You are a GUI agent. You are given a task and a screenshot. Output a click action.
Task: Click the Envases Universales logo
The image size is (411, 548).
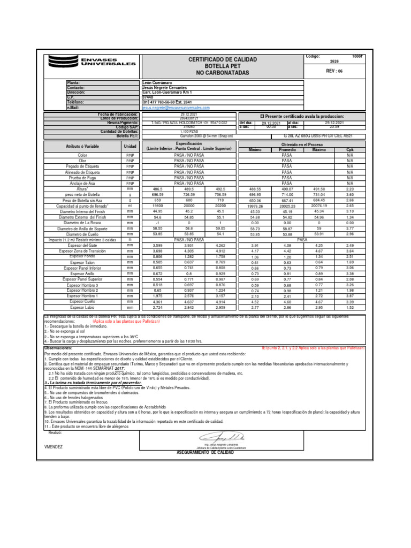(x=92, y=63)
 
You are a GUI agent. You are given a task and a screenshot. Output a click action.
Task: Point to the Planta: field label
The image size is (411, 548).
(x=73, y=83)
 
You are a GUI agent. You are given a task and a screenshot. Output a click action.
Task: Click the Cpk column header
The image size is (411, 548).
(x=350, y=150)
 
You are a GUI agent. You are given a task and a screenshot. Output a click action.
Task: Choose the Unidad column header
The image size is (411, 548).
(x=130, y=147)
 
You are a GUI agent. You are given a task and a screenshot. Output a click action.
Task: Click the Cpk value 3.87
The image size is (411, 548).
(x=350, y=296)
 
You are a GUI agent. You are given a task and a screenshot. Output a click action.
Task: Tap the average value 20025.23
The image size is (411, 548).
(x=287, y=205)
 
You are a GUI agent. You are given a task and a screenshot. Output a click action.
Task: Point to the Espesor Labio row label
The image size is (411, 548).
(x=82, y=307)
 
